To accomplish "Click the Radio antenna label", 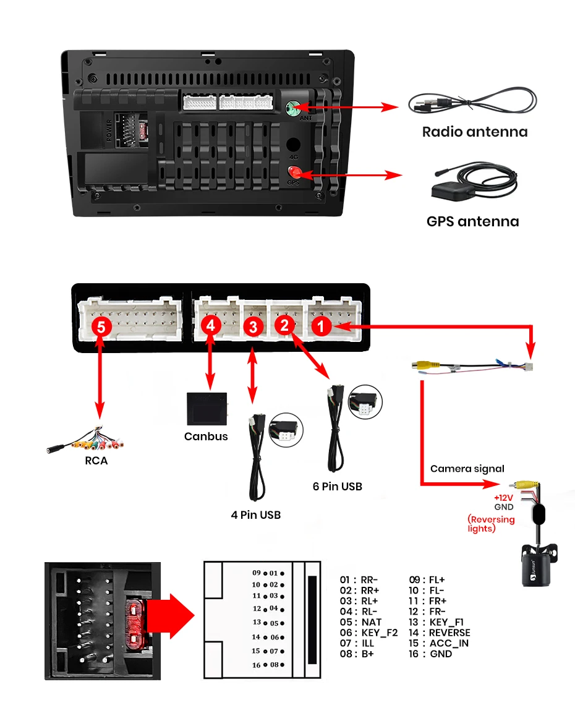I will click(474, 132).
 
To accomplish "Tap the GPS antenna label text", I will click(472, 221).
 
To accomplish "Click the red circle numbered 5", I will click(101, 326).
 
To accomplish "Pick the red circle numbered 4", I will click(211, 325).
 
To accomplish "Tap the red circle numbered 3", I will click(252, 326).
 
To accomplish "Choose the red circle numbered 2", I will click(286, 325).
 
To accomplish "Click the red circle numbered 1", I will click(321, 325).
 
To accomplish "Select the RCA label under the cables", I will click(96, 461).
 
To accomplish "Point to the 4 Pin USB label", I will click(256, 514).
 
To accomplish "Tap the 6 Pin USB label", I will click(337, 487).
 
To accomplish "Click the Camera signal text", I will click(467, 469).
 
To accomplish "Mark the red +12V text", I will click(503, 498).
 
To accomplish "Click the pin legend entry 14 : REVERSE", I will click(440, 633).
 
